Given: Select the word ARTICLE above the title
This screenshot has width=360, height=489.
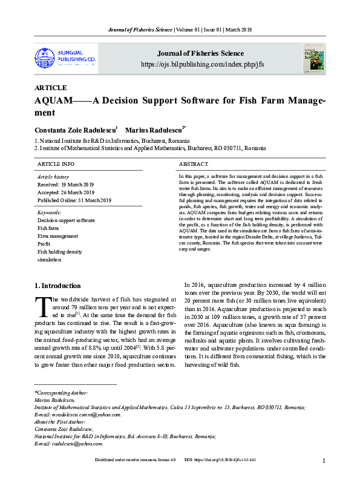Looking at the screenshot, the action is (51, 88).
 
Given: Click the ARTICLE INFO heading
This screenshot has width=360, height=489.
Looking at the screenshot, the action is (56, 164).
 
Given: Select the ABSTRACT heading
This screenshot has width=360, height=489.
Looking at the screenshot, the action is (193, 164).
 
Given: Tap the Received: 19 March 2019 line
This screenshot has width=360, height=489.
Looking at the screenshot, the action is (65, 184).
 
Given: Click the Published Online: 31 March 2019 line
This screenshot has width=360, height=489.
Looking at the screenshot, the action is (74, 200).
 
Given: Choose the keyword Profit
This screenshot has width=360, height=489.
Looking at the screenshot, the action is (44, 244).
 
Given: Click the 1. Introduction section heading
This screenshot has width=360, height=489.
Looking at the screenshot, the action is (57, 286).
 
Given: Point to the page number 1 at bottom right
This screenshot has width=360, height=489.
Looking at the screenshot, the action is (324, 478).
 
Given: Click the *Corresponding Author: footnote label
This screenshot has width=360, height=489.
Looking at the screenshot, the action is (61, 393).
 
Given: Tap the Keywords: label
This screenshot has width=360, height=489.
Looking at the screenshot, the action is (49, 213).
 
